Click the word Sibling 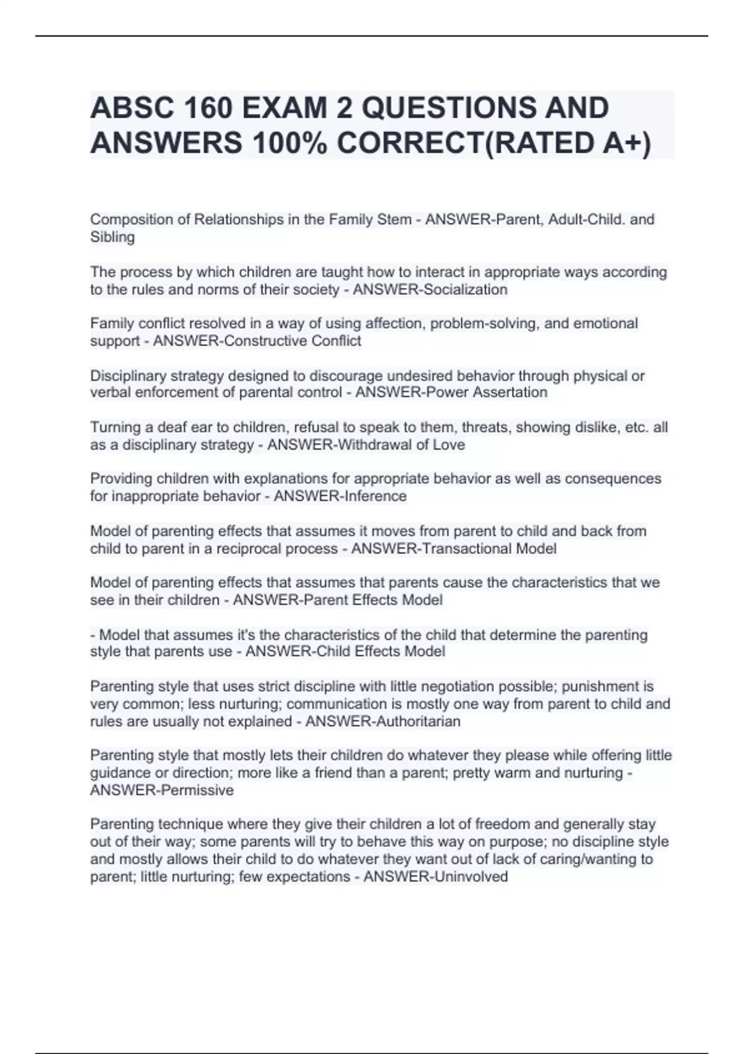click(112, 237)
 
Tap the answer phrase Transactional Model click(489, 549)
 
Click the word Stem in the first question click(395, 219)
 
